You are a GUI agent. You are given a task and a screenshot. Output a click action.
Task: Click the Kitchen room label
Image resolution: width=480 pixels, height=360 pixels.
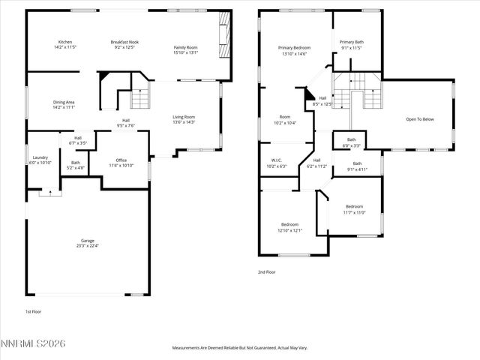tap(65, 42)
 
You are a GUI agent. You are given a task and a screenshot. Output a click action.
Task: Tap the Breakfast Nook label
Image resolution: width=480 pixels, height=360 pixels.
tap(124, 42)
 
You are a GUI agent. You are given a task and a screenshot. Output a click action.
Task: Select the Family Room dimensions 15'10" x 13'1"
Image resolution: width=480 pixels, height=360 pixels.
tap(185, 52)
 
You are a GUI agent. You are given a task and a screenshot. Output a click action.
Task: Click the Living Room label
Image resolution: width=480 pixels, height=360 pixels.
tap(184, 116)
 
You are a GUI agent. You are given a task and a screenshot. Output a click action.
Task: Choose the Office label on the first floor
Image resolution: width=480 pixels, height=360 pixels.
tap(121, 160)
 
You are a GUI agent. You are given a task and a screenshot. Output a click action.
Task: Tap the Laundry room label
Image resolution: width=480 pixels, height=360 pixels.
tap(40, 157)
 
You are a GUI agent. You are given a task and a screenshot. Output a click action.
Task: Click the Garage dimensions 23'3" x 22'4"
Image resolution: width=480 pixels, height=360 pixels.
tap(88, 245)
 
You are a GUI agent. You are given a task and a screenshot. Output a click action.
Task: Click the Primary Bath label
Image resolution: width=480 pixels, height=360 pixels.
tap(351, 42)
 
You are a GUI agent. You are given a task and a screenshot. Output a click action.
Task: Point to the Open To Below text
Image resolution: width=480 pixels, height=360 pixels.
tap(421, 119)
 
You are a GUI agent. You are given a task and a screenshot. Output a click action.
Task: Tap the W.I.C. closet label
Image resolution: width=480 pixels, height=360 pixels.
tap(277, 160)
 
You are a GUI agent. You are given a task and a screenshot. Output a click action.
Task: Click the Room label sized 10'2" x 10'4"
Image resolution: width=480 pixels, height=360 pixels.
tap(285, 117)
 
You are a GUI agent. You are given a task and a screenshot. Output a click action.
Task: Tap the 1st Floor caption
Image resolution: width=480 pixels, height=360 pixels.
tap(34, 310)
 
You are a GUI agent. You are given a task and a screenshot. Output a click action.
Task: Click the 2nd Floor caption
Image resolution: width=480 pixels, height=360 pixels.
tap(267, 272)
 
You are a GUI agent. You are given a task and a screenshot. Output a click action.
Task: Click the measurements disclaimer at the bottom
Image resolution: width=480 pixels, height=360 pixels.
tap(240, 347)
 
